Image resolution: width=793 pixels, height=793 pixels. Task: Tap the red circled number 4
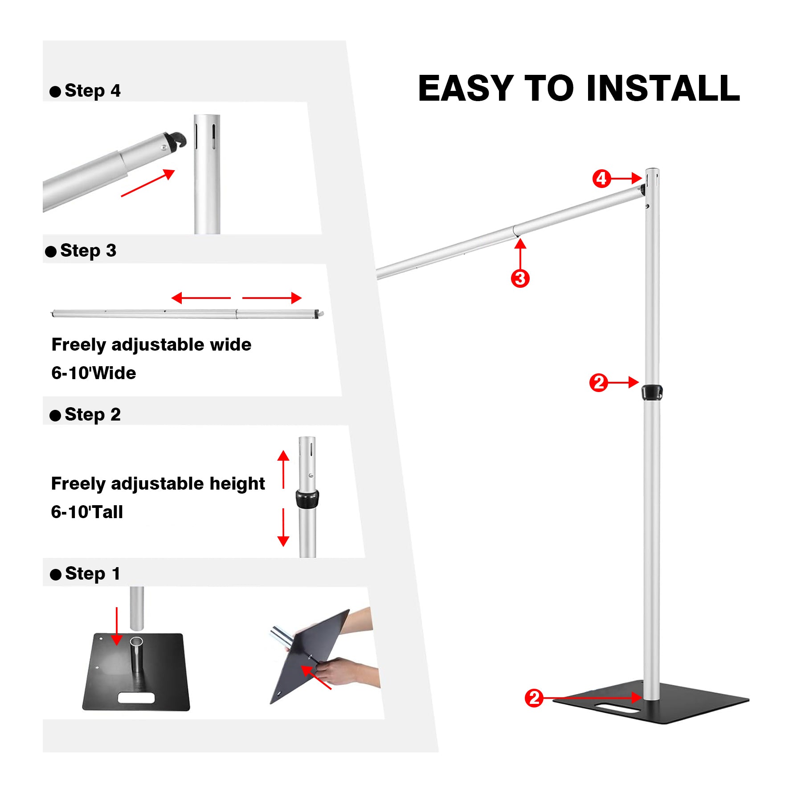[x=601, y=179]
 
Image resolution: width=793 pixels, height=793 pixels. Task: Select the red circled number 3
[x=520, y=278]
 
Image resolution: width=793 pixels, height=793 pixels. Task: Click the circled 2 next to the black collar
[x=598, y=383]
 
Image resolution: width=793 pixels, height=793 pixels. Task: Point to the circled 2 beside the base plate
[x=534, y=698]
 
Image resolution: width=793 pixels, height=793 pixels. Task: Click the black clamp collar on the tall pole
[x=652, y=392]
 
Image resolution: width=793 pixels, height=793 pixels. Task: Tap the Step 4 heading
[x=92, y=91]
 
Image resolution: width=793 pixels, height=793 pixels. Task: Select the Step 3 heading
[x=88, y=251]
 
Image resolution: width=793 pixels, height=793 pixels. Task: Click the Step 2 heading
[x=92, y=415]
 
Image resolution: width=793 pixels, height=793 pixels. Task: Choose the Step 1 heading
[x=92, y=574]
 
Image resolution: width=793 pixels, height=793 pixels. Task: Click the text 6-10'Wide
[x=94, y=373]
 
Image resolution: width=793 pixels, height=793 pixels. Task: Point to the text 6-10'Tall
[x=87, y=512]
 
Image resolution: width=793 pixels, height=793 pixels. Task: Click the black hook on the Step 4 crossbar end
[x=176, y=140]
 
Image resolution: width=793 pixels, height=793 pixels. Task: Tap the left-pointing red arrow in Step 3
[x=200, y=298]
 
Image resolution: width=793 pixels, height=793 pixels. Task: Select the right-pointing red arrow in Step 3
[x=272, y=298]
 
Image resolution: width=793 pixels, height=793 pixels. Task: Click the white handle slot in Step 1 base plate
[x=136, y=698]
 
